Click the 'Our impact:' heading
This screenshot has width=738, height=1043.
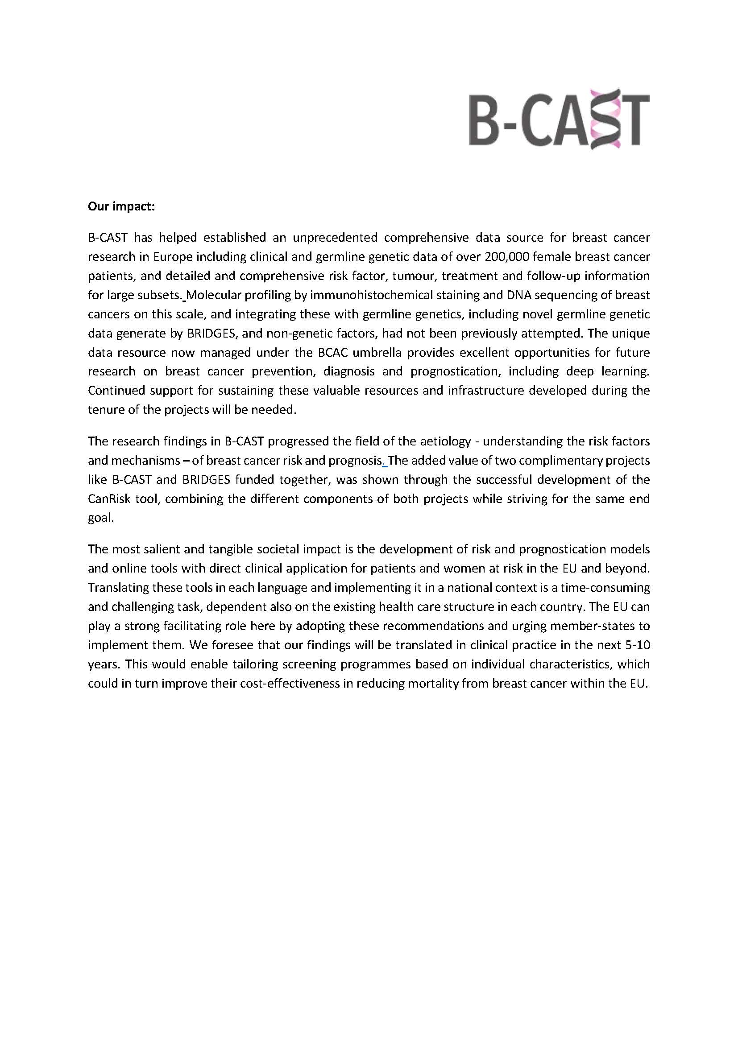[121, 207]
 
